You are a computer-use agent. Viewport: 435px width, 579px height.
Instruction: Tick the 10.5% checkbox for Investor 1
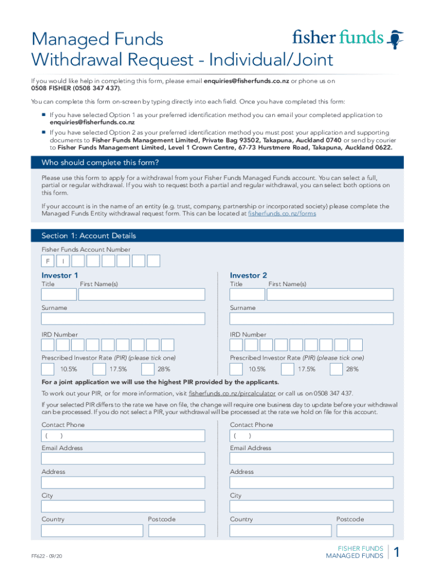click(x=48, y=369)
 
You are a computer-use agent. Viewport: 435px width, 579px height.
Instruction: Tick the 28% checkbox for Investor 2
click(x=336, y=369)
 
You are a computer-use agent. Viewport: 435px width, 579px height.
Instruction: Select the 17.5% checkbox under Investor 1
click(x=99, y=369)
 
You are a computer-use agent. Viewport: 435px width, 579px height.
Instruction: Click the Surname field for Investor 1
click(x=123, y=318)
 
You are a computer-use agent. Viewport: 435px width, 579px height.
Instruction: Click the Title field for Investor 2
click(x=247, y=294)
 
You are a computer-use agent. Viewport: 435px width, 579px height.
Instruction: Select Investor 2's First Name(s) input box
click(x=330, y=294)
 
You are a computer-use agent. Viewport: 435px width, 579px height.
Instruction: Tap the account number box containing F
click(x=48, y=261)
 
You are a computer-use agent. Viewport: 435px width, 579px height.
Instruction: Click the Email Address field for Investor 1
click(x=123, y=459)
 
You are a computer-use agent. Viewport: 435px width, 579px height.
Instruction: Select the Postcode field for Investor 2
click(x=364, y=530)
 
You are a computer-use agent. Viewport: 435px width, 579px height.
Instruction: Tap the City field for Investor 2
click(x=311, y=507)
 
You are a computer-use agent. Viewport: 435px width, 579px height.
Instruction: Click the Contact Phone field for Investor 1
click(x=123, y=435)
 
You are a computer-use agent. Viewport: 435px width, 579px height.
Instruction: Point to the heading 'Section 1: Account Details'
click(x=89, y=236)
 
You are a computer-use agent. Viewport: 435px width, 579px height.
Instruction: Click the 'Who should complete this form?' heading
click(x=100, y=163)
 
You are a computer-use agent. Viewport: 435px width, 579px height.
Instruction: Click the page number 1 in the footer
click(x=397, y=553)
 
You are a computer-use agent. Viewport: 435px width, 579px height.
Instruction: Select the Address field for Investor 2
click(x=311, y=482)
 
